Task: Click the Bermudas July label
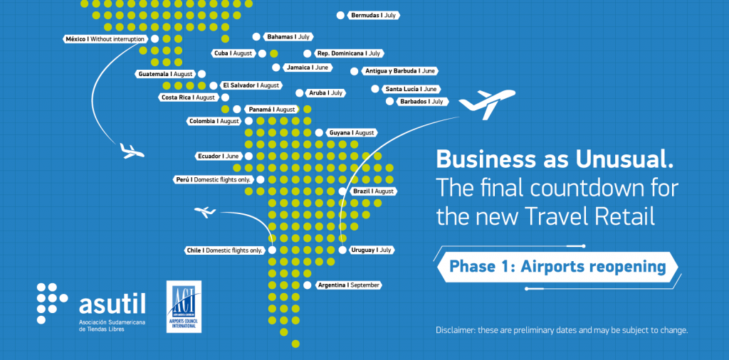(373, 16)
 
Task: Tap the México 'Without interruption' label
(106, 39)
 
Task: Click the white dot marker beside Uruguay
(342, 250)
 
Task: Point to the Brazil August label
(373, 191)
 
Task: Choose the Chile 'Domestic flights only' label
(224, 250)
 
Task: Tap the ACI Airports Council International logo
(184, 307)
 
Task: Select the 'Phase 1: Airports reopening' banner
(557, 267)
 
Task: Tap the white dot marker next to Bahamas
(256, 36)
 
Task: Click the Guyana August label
(351, 133)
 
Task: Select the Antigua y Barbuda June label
(399, 71)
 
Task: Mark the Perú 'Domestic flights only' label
(214, 179)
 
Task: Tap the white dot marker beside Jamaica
(276, 68)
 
